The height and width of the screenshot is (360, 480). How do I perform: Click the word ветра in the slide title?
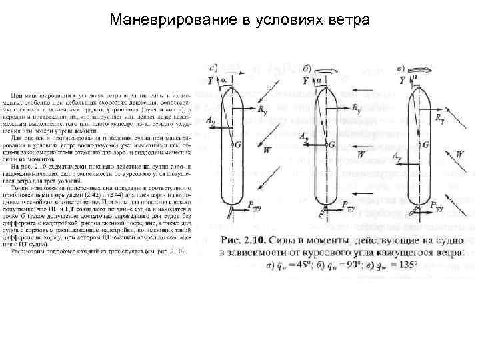[x=347, y=19]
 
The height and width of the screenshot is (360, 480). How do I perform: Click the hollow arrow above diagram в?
[x=421, y=67]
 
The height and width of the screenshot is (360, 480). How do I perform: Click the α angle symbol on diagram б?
[x=320, y=79]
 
